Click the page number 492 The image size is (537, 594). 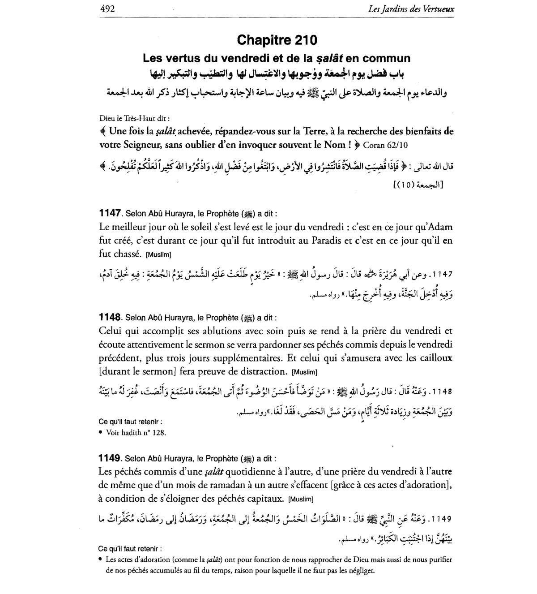click(107, 9)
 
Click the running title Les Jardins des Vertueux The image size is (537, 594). click(410, 9)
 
